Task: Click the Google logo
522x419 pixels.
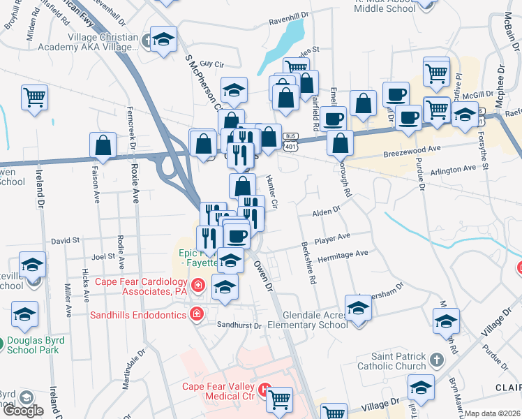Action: tap(23, 411)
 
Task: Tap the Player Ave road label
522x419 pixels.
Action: tap(331, 238)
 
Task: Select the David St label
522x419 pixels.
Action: tap(65, 240)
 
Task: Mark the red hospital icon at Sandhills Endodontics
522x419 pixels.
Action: tap(197, 314)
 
